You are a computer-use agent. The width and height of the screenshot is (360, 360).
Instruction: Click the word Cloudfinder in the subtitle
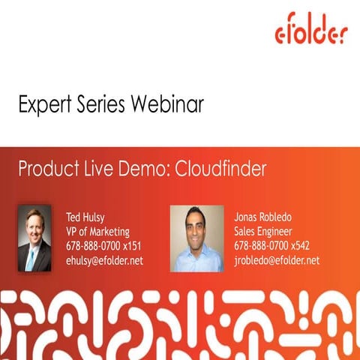(220, 169)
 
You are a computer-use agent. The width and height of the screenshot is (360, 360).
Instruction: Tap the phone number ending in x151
(103, 246)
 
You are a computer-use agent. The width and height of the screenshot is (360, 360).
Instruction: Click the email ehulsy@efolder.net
(104, 260)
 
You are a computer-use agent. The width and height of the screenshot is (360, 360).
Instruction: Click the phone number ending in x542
(271, 246)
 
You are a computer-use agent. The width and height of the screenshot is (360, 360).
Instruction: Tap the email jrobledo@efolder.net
(277, 260)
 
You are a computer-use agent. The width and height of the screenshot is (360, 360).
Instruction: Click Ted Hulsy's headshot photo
(34, 238)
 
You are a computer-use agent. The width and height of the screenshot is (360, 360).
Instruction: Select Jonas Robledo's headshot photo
(196, 238)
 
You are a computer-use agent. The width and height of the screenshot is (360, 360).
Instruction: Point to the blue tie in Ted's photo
(31, 259)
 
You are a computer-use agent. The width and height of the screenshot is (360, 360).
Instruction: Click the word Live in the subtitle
(95, 169)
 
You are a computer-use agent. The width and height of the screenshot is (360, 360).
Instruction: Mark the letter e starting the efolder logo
(280, 34)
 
